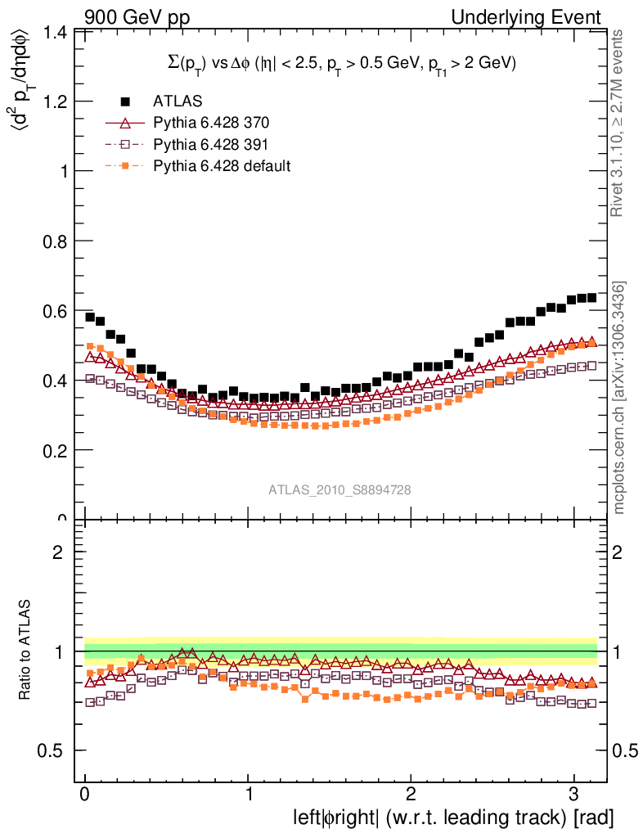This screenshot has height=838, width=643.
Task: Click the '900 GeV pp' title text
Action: coord(136,16)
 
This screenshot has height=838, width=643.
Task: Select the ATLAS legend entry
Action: coord(177,101)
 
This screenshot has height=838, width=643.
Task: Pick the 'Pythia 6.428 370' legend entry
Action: coord(210,124)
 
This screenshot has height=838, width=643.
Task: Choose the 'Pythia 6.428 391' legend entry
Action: coord(210,145)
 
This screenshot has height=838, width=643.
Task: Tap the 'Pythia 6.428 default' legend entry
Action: coord(221,166)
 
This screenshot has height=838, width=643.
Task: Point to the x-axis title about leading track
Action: coord(452,818)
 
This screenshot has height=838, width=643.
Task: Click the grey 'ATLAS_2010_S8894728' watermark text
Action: coord(339,489)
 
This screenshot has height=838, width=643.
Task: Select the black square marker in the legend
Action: coord(125,101)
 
